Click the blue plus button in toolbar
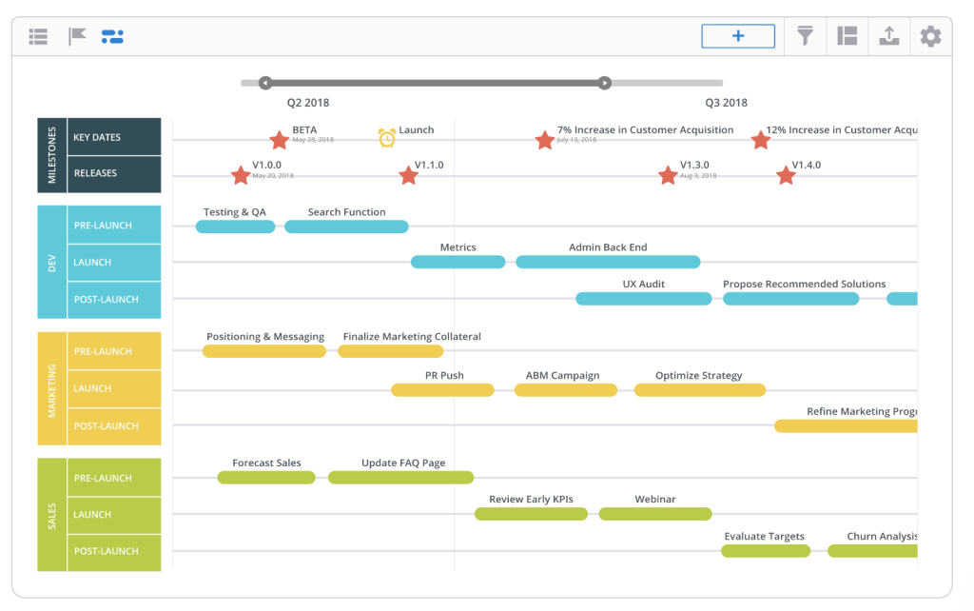pos(738,36)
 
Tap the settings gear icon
pos(930,37)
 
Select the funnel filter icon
pos(806,36)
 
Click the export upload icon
pos(888,36)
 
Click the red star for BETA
pos(279,141)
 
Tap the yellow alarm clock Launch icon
pos(387,138)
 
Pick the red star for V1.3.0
pos(668,176)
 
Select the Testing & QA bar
pos(235,227)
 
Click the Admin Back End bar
pos(608,262)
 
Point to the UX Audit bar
pos(643,299)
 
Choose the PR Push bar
pos(442,390)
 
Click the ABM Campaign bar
pos(565,390)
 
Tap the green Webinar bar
pos(655,514)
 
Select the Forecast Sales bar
pos(266,478)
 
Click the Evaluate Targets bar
pos(766,551)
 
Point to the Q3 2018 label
pos(726,103)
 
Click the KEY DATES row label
pos(97,137)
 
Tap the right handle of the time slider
pos(604,83)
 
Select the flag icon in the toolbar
pos(77,37)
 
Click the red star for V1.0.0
pos(241,176)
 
